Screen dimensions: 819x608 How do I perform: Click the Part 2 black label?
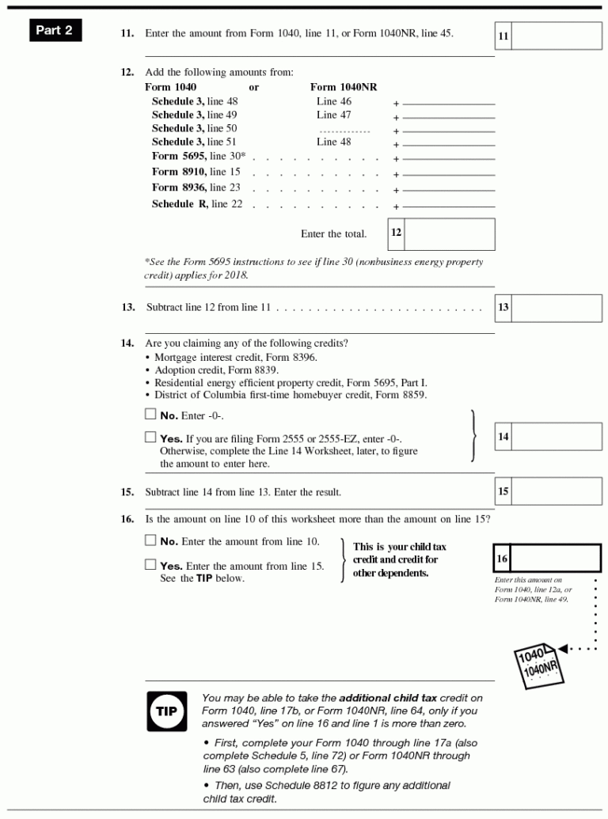point(55,31)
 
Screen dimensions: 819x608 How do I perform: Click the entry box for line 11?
point(556,36)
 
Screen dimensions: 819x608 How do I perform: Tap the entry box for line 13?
point(556,308)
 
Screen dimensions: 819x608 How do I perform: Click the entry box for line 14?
point(556,437)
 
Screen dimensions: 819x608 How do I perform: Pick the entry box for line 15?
point(556,491)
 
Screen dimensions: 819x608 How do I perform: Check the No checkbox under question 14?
point(150,414)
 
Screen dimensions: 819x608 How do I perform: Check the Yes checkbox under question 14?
point(150,437)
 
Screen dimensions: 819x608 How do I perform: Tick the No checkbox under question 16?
point(150,540)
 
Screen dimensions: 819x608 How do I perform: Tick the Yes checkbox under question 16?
point(150,564)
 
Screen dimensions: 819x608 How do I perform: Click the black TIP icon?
point(166,711)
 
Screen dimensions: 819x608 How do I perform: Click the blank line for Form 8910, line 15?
point(448,174)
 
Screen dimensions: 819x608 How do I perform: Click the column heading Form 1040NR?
point(343,87)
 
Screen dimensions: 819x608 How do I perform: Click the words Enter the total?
point(333,234)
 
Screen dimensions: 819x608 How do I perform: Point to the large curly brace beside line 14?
point(473,435)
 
